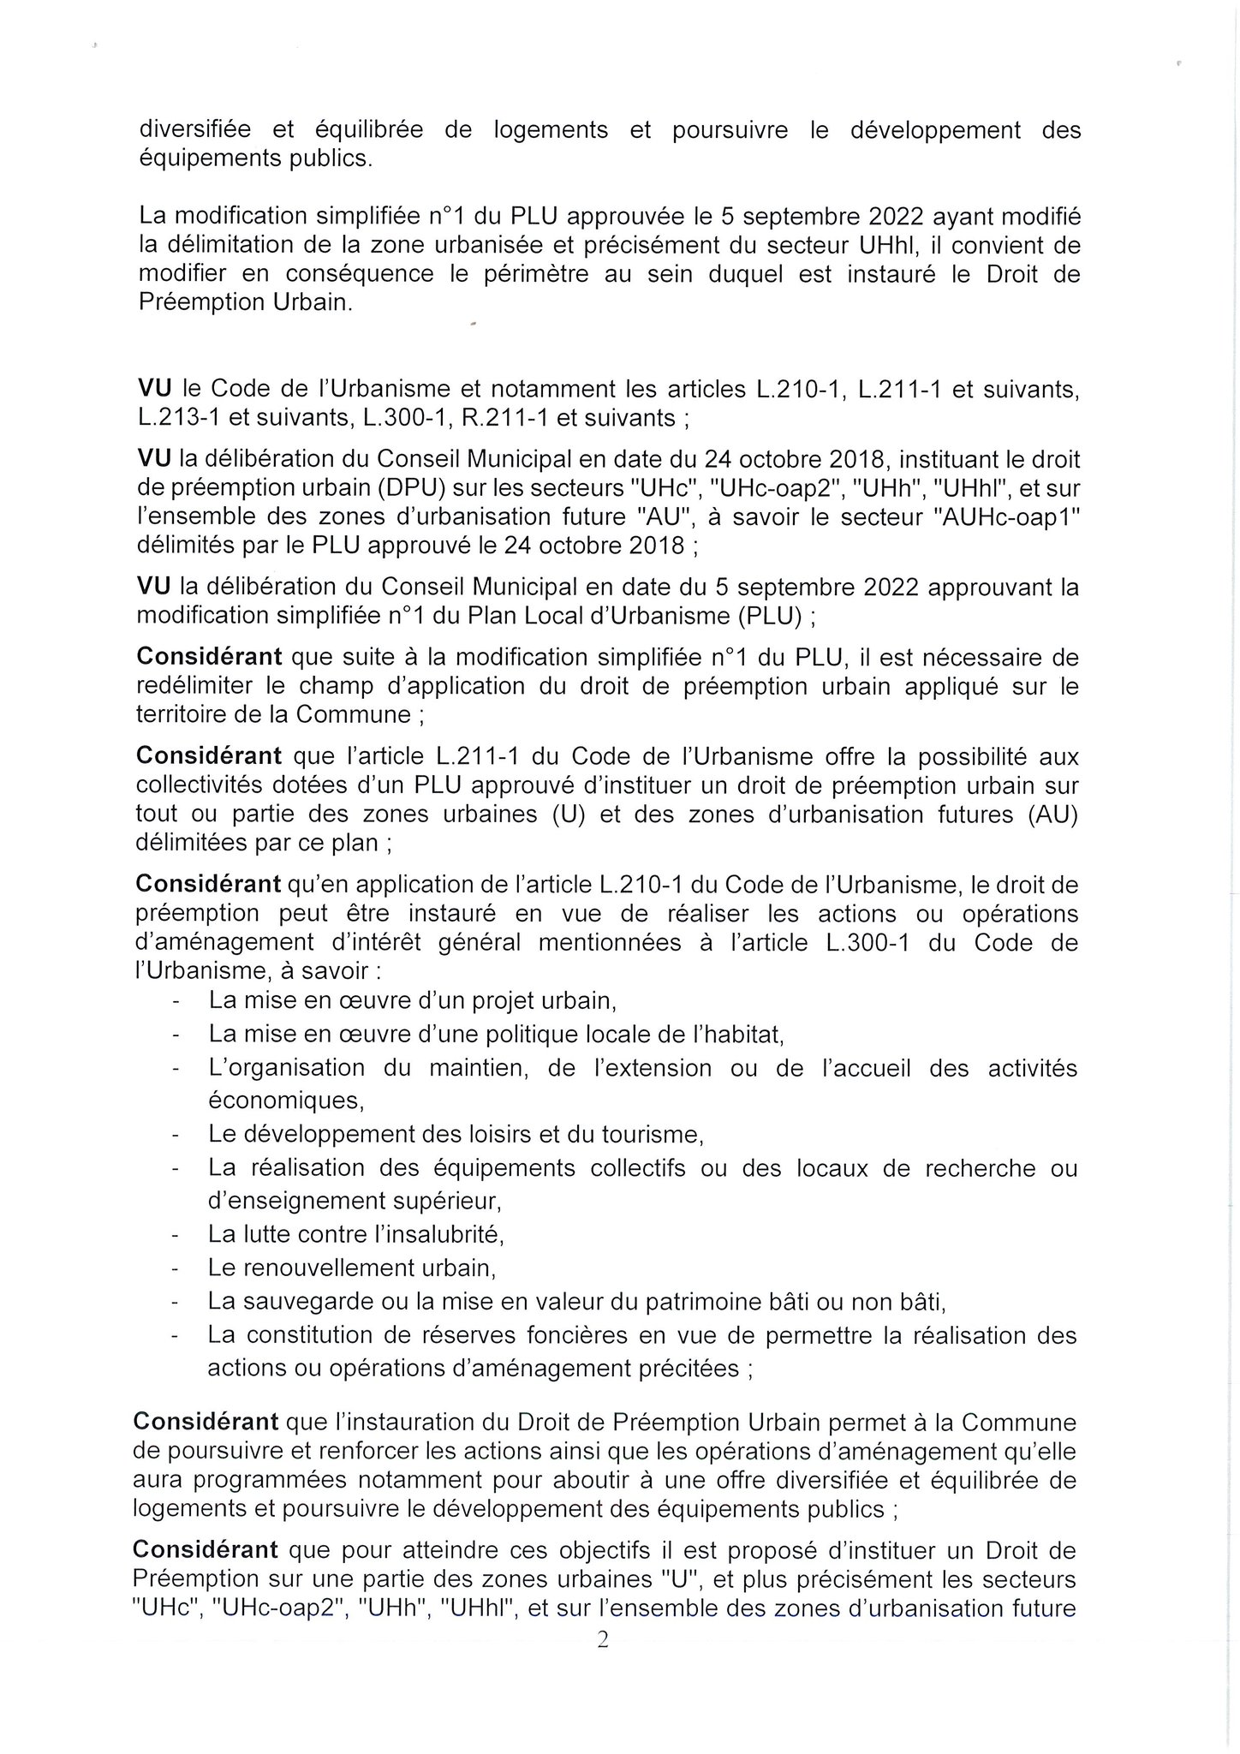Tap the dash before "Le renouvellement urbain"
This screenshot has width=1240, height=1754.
pos(176,1268)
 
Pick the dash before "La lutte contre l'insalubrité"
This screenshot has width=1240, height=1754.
pos(176,1235)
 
